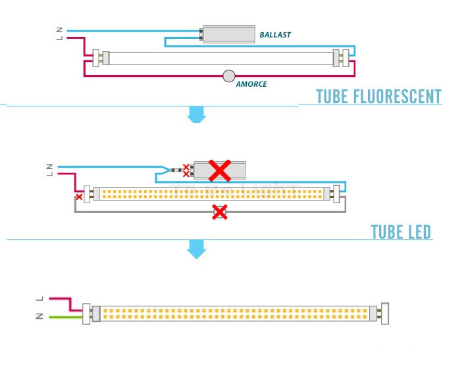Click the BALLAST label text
(x=274, y=34)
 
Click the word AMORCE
(x=251, y=85)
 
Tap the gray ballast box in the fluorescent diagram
(x=228, y=34)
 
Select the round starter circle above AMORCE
(x=229, y=76)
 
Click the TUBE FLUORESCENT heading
(x=379, y=97)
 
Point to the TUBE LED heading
(x=401, y=232)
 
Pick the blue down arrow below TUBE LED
(x=196, y=249)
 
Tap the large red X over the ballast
(x=219, y=170)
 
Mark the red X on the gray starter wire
(x=220, y=212)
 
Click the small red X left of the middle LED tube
(x=79, y=196)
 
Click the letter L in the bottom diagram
(x=40, y=299)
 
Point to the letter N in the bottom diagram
(x=40, y=317)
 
